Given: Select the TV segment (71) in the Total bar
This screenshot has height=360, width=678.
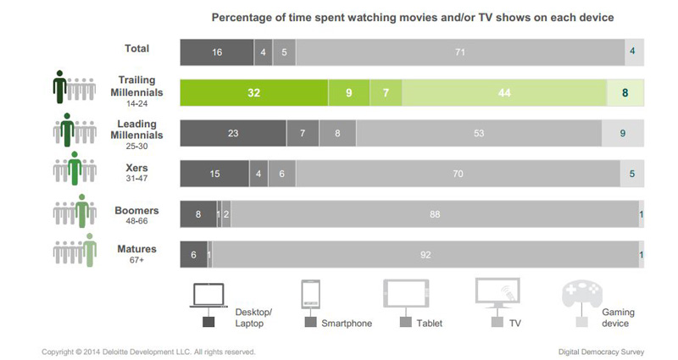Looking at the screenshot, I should [x=460, y=53].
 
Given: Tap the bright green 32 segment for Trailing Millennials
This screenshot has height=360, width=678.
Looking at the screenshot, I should [x=253, y=92].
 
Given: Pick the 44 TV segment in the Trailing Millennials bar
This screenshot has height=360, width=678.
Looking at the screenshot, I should [x=504, y=92].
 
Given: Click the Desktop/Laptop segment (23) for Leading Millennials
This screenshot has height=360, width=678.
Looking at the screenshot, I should [x=233, y=133].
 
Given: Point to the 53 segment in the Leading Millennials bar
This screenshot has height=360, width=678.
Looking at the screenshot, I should [x=479, y=133].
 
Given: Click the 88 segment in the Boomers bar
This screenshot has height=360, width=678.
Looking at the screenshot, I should [x=435, y=214].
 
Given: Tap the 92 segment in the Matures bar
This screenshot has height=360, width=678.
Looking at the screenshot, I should [x=425, y=254].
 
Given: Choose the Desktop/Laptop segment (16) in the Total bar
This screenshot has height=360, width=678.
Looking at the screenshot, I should [x=217, y=53].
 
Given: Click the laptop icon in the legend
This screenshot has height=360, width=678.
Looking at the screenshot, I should [x=208, y=294].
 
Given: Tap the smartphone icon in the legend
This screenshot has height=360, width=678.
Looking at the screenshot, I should [x=309, y=294].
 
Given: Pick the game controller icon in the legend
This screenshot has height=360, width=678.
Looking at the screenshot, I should [x=581, y=294].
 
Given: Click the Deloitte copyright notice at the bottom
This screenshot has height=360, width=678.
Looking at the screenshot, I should [x=148, y=351].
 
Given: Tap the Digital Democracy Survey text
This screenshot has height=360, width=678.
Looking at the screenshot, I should [x=600, y=351].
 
